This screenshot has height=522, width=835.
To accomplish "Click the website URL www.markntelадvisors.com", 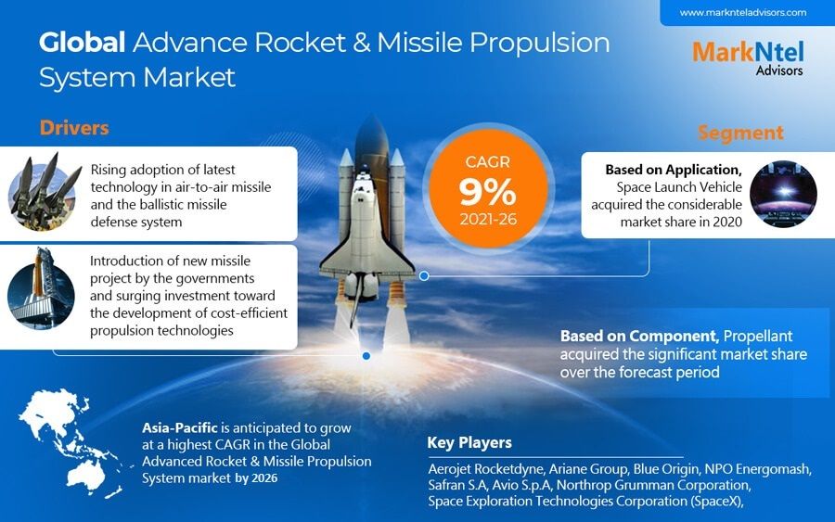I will pos(742,13).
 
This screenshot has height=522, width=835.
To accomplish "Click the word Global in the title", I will pos(82,43).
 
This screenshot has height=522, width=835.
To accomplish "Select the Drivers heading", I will pos(74,127).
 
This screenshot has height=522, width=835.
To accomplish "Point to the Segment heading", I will pos(740,133).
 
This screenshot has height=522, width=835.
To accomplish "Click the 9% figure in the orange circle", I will pos(487,190).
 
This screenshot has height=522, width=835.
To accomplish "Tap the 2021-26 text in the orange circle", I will pos(487,221).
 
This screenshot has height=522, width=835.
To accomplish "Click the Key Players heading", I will pos(469,442).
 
